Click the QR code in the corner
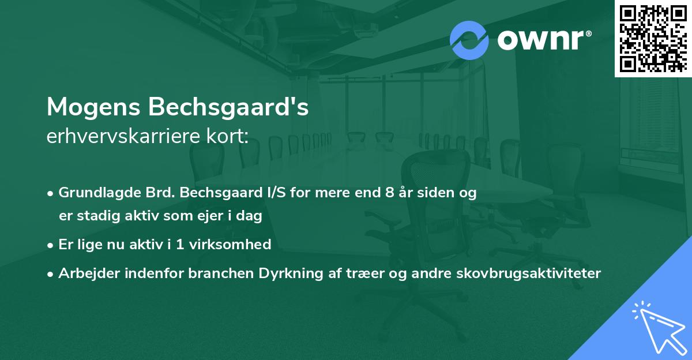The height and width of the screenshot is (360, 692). pyautogui.click(x=653, y=39)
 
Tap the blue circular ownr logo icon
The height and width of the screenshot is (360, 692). pyautogui.click(x=469, y=40)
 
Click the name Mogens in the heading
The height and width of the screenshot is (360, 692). pyautogui.click(x=93, y=108)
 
